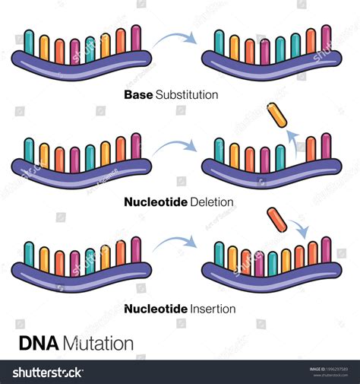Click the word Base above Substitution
[x=138, y=95]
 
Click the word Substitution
[x=187, y=95]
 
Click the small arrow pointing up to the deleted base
[x=292, y=142]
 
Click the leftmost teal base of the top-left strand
[x=29, y=43]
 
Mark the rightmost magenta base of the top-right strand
[x=326, y=40]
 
